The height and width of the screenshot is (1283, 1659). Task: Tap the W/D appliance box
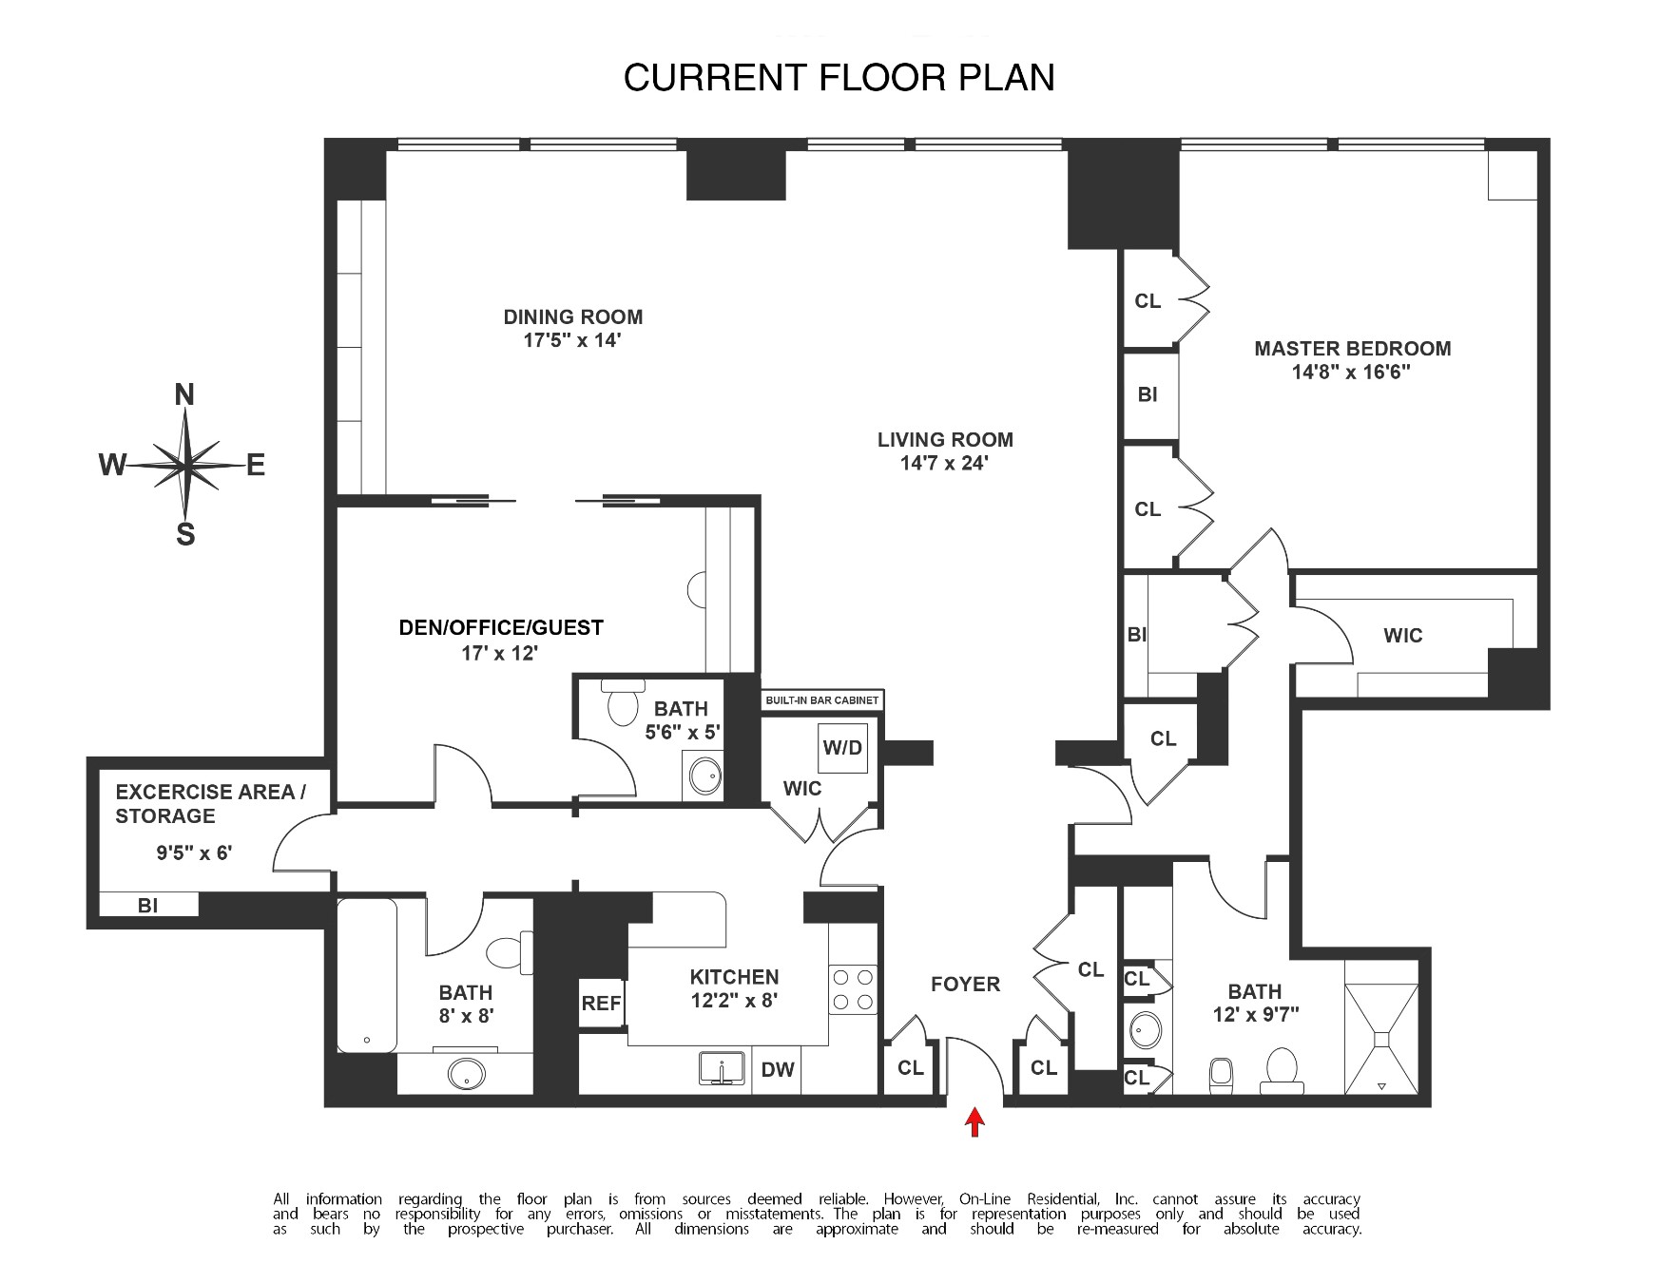coord(842,747)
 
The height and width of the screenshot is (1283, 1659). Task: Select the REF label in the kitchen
coord(601,1003)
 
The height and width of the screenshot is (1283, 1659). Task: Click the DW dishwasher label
coord(778,1070)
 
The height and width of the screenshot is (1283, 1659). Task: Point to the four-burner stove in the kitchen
coord(853,989)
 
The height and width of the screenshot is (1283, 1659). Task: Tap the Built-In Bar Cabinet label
coord(821,701)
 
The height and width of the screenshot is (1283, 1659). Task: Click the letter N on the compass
coord(184,395)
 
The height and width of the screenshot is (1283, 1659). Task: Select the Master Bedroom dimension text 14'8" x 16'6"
coord(1351,373)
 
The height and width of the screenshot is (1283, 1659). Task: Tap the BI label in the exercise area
coord(147,906)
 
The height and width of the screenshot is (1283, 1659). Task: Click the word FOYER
coord(965,985)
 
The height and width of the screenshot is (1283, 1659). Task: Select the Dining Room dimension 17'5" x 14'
coord(572,341)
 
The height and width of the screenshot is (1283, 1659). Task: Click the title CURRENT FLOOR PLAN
coord(839,77)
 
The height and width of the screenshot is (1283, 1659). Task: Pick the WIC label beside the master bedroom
coord(1402,636)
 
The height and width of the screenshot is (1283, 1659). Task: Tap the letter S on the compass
coord(185,535)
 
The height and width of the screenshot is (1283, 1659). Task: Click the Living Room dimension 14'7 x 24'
coord(945,464)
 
